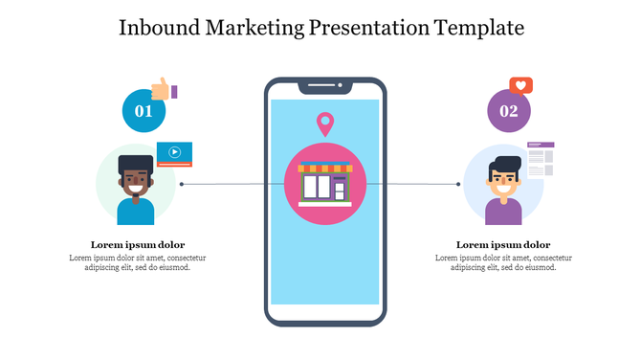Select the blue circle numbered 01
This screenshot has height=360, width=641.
click(x=144, y=111)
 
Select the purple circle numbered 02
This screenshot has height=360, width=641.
click(x=508, y=111)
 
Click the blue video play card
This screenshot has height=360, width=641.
click(x=174, y=152)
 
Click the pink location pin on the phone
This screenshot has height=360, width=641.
click(x=325, y=124)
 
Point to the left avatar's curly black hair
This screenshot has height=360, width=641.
click(x=136, y=165)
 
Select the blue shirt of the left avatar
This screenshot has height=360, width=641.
click(x=135, y=212)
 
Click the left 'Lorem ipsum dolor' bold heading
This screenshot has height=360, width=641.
click(x=138, y=244)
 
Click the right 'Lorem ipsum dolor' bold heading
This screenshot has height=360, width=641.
click(x=502, y=244)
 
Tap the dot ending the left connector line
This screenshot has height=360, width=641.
click(x=182, y=183)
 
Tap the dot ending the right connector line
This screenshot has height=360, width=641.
click(x=459, y=183)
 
